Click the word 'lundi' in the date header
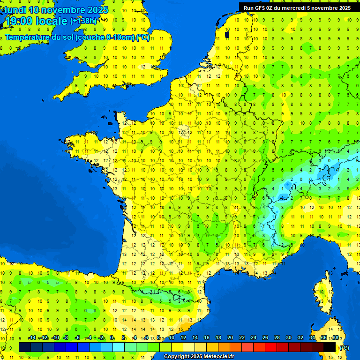(15, 10)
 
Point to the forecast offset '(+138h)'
(83, 21)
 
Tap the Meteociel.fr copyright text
(199, 357)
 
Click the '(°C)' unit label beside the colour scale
(344, 348)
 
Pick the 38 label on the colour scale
(335, 337)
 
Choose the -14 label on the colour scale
(32, 337)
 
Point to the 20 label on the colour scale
(230, 337)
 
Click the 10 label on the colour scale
(171, 337)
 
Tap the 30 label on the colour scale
(288, 337)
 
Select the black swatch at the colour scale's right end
(330, 347)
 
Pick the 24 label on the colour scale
(253, 337)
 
